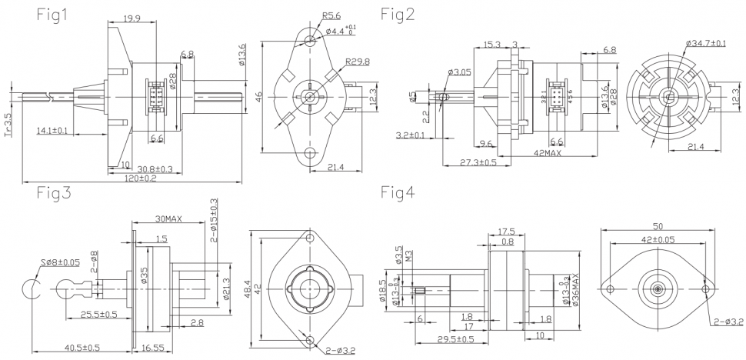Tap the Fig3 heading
(54, 194)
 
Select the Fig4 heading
(404, 192)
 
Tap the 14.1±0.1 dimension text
(52, 131)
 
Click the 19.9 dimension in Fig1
(132, 18)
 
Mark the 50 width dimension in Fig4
(658, 227)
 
